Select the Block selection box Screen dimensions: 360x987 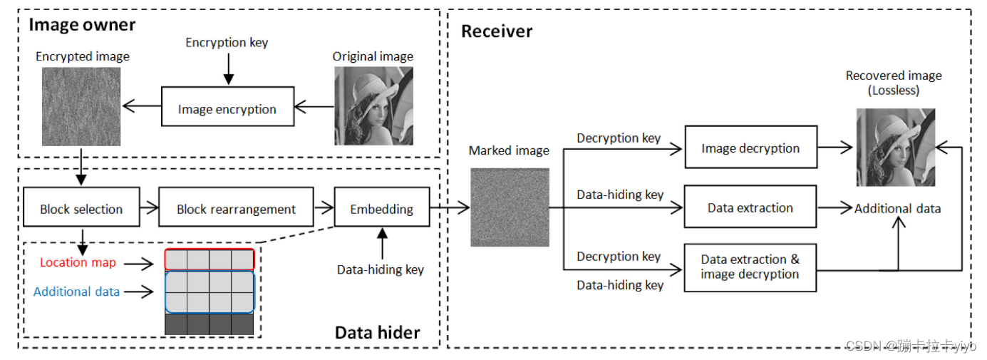point(81,208)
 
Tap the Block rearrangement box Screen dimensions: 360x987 point(236,208)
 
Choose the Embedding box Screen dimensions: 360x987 point(381,208)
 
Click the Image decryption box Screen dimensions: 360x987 point(750,148)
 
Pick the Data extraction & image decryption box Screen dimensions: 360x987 point(750,267)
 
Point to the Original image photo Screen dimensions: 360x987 point(373,106)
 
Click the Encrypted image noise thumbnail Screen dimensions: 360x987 point(83,106)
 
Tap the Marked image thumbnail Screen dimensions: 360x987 point(510,207)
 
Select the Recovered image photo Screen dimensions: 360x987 point(895,148)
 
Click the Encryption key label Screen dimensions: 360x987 point(227,42)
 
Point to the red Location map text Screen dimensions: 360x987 point(77,262)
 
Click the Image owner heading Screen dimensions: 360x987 point(82,25)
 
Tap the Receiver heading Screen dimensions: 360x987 point(497,31)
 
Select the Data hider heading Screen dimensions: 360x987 point(377,332)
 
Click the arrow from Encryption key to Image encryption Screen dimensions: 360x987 point(227,68)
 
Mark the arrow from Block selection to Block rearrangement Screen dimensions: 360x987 point(149,208)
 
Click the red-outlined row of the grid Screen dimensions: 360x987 point(209,259)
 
